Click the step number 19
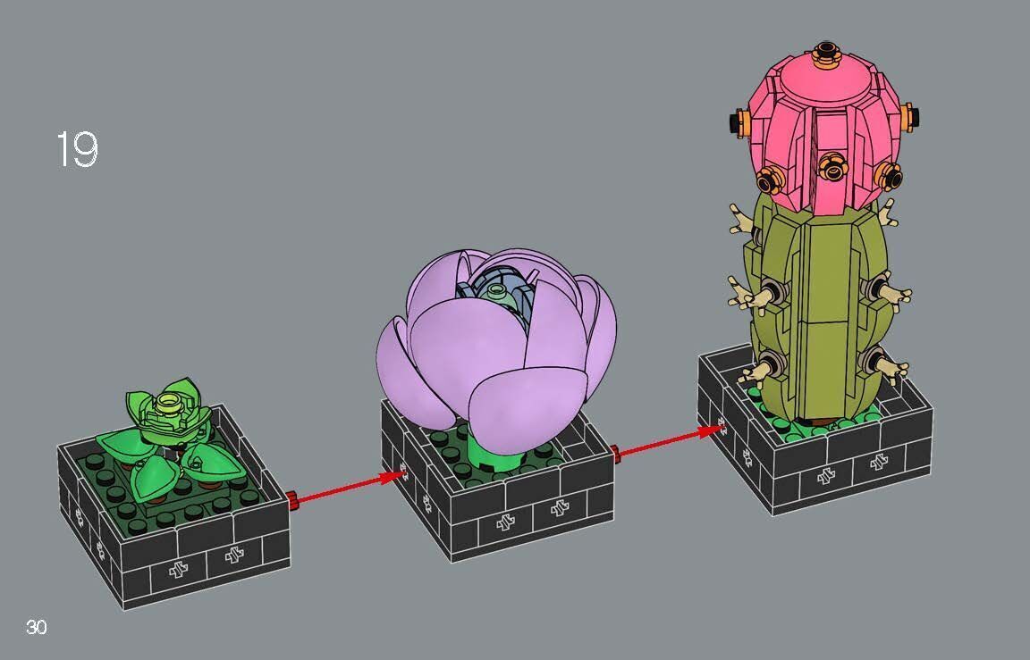click(77, 150)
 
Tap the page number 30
click(36, 627)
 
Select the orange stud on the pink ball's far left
click(739, 121)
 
